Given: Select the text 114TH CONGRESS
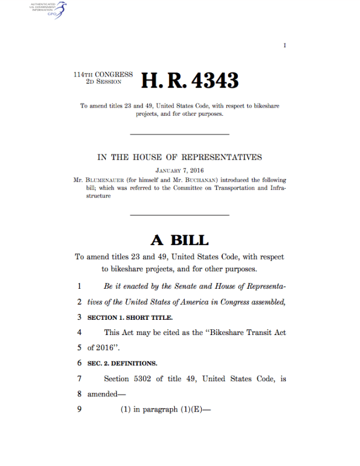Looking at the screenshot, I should tap(103, 75).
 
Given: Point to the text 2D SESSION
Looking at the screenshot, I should tap(104, 82).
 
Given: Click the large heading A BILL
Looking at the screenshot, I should tap(179, 240).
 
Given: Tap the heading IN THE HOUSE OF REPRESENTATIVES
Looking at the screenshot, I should tap(179, 157).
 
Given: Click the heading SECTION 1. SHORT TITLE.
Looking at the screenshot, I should tap(130, 317).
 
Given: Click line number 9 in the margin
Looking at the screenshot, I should tap(79, 409).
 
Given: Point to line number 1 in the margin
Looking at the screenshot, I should tap(79, 287).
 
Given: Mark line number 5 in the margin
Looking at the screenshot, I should tap(79, 348).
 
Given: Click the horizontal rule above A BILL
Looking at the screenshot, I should tap(179, 216).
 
